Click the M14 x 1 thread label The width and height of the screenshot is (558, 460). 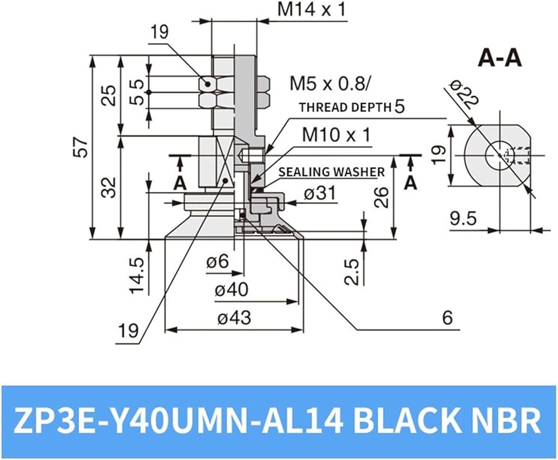(x=312, y=9)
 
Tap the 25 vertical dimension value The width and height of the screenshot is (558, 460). (x=109, y=95)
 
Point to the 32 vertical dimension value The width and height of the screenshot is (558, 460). (x=109, y=187)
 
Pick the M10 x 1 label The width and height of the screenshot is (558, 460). (x=336, y=135)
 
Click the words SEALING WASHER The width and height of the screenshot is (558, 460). (x=331, y=172)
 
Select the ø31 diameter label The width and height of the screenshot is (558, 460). (x=320, y=194)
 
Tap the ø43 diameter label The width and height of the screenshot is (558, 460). (x=234, y=318)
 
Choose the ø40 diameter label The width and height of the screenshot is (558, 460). (x=232, y=290)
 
